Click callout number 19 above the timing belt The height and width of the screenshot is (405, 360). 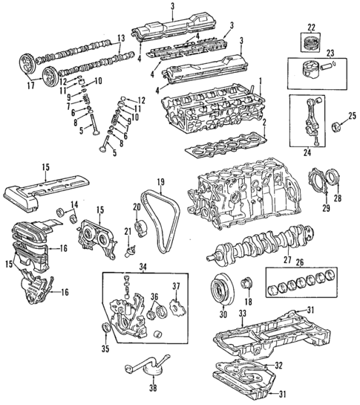160,181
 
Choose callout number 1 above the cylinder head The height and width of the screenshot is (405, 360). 260,80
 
